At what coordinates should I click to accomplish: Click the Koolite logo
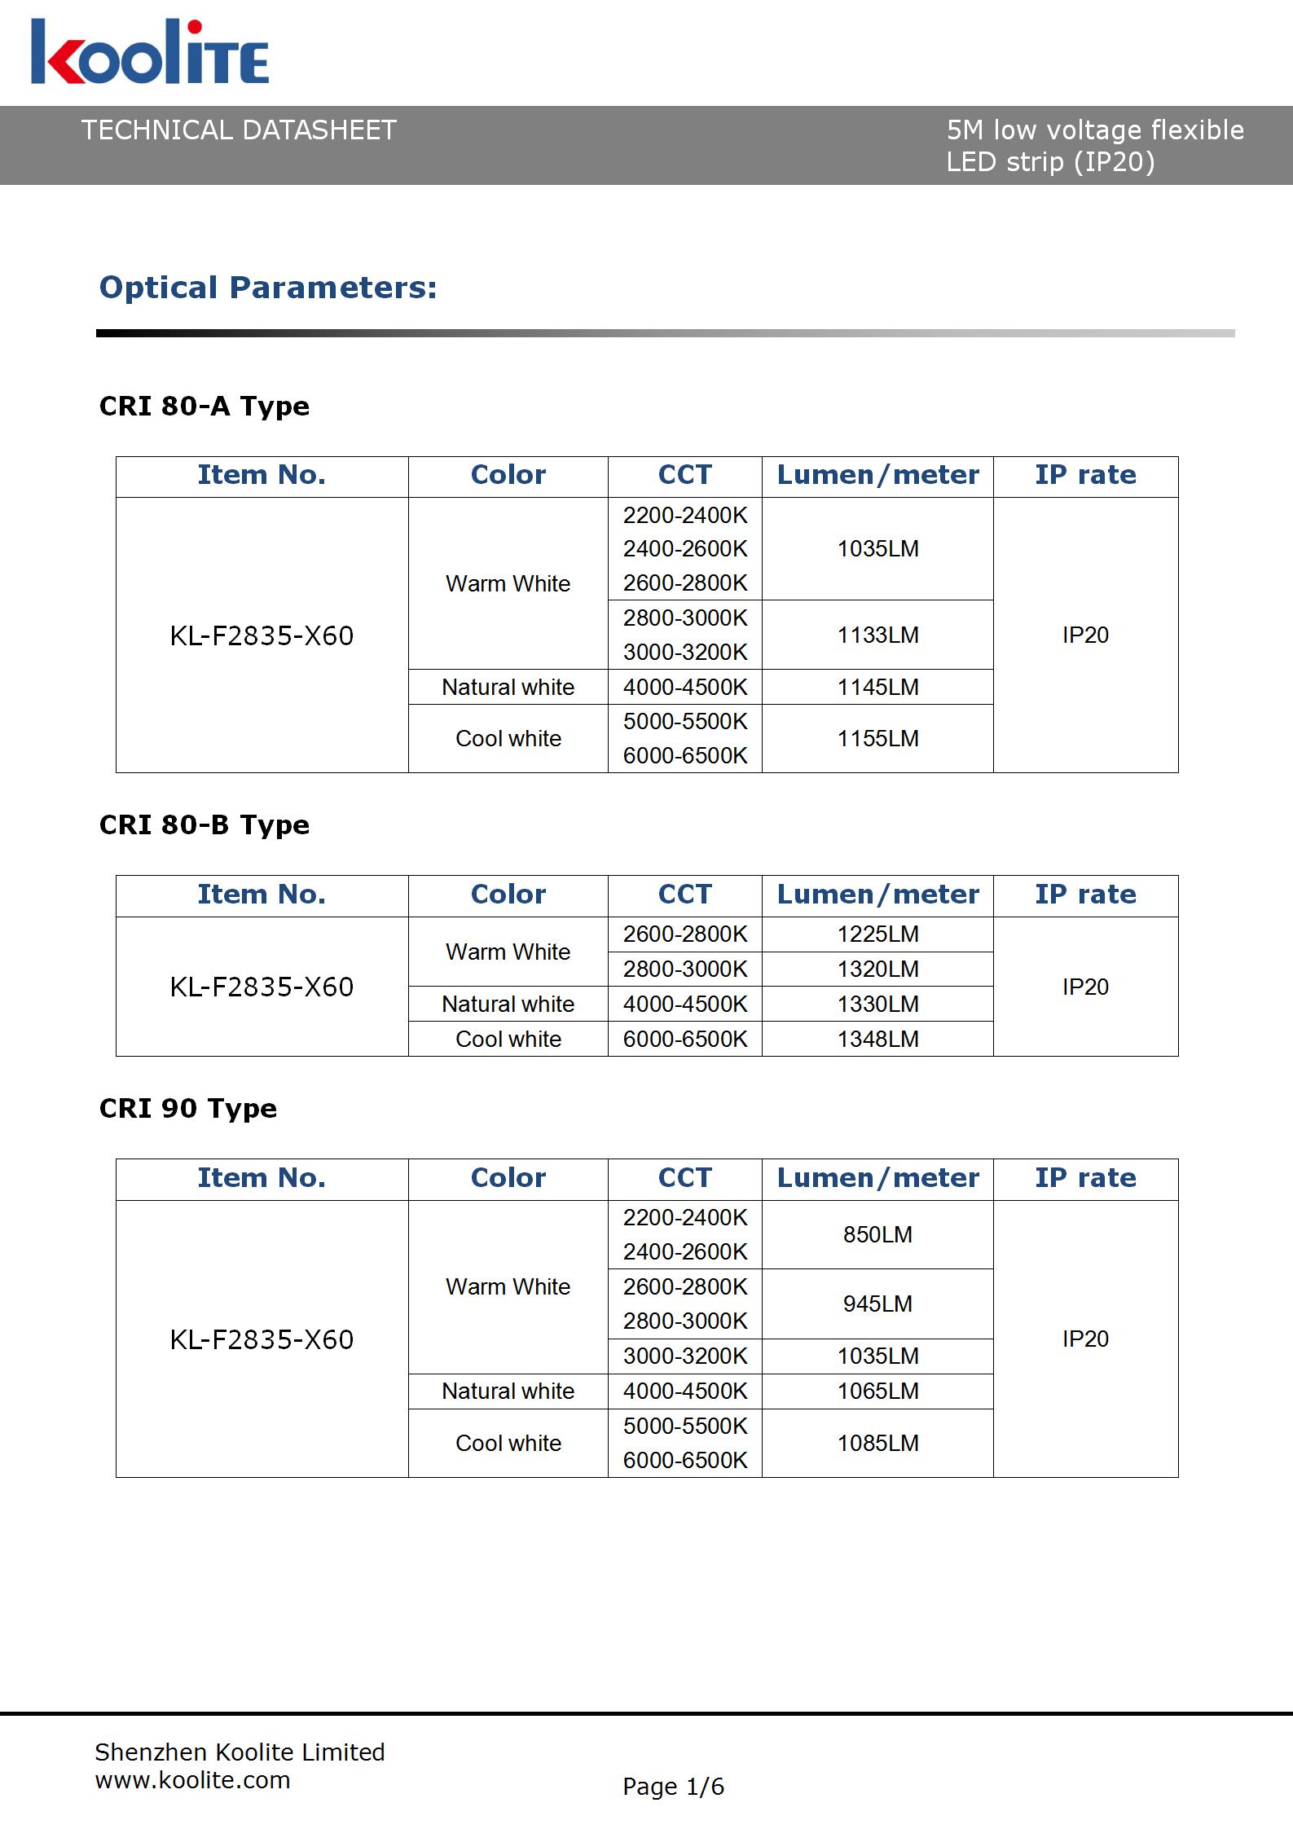(150, 53)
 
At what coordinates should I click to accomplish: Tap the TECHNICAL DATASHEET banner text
(239, 130)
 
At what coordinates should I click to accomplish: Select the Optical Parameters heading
(268, 288)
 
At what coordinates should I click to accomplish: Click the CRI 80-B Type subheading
(204, 824)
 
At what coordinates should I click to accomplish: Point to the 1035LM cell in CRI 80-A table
(877, 548)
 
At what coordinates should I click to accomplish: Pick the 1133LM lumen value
(877, 635)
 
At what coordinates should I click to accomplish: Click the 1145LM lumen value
(877, 687)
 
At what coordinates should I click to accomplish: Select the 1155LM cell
(877, 738)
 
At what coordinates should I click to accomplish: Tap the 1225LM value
(877, 934)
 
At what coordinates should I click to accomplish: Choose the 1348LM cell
(877, 1039)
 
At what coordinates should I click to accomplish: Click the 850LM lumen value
(877, 1234)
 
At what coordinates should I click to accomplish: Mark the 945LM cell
(877, 1304)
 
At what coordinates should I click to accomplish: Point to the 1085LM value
(877, 1443)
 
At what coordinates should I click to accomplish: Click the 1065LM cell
(877, 1391)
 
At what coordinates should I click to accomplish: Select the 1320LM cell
(877, 969)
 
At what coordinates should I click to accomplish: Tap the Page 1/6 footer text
(673, 1787)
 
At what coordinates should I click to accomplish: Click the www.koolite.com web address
(192, 1780)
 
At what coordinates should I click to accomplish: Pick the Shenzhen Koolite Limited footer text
(240, 1752)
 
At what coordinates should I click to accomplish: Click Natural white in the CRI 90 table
(508, 1391)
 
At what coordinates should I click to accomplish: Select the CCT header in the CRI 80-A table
(684, 475)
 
